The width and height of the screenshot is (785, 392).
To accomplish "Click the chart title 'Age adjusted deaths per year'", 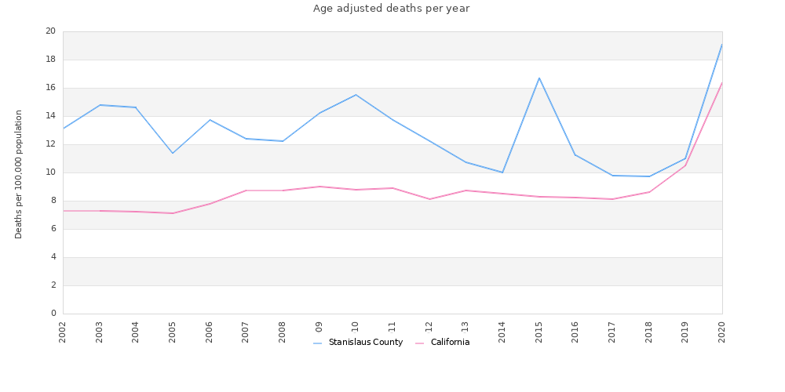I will point(391,9).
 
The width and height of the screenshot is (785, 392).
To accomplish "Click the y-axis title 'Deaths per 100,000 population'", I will point(19,174).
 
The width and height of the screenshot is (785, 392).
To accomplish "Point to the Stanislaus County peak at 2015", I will point(539,78).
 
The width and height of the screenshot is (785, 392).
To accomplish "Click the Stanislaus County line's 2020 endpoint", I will point(721,44).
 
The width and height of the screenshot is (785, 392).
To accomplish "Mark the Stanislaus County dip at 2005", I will point(173,153).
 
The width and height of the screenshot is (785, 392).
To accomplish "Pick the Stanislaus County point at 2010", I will point(356,95).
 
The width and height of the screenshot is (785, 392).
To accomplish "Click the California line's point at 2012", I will point(429,199).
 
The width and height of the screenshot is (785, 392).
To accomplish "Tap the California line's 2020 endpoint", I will point(721,82).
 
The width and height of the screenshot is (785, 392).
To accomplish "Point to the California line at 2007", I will point(246,191).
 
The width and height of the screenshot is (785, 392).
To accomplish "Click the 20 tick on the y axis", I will point(50,31).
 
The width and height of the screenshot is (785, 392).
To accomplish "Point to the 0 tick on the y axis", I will point(53,314).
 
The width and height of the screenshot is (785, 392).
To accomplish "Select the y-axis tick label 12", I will point(50,144).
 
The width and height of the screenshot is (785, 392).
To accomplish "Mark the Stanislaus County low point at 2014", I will point(502,172).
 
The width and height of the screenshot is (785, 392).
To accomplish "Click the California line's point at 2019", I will point(685,165).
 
